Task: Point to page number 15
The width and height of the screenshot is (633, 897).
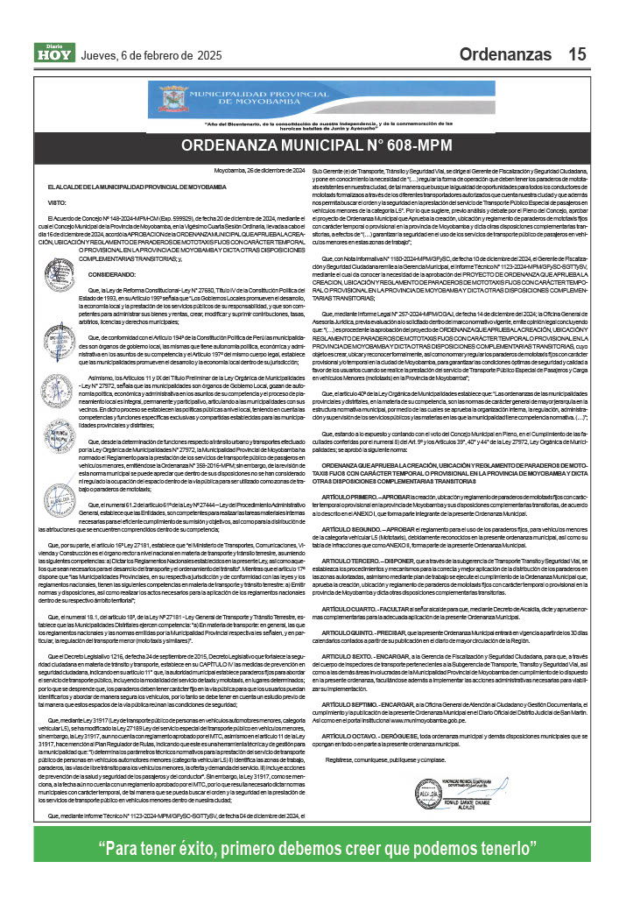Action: click(576, 54)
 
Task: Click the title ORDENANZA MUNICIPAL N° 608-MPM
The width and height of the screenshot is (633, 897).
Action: click(316, 145)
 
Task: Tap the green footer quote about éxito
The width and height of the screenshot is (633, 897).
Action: click(316, 849)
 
